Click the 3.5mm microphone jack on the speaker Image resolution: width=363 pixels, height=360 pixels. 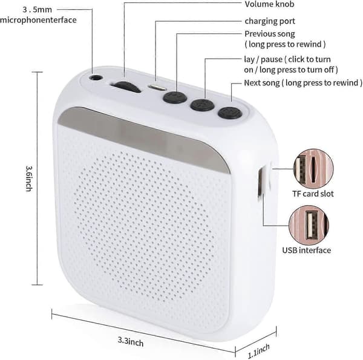[96, 77]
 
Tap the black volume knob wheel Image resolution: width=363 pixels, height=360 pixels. [126, 87]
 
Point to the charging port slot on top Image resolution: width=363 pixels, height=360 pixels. [157, 88]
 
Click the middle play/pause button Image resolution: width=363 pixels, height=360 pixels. [202, 105]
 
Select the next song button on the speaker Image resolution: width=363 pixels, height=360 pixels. [230, 113]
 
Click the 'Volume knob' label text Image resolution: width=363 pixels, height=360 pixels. [269, 4]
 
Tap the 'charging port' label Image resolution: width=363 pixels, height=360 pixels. [270, 21]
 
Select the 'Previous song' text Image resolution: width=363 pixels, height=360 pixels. [270, 34]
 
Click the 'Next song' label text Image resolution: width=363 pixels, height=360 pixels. [262, 83]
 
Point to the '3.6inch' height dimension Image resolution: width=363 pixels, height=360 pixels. [29, 178]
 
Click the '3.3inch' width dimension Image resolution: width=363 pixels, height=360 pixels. [131, 341]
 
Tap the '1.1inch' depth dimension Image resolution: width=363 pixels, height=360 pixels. [259, 351]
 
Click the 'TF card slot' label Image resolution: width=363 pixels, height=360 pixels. [313, 194]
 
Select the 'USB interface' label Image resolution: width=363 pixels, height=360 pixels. [306, 250]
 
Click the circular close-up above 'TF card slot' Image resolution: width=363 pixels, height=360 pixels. [313, 169]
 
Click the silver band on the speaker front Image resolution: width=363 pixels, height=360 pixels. [143, 139]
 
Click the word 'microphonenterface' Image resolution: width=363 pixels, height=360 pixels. [38, 20]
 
